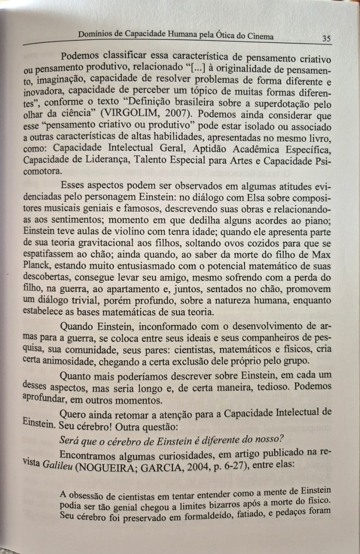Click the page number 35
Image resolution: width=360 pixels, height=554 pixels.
click(x=326, y=39)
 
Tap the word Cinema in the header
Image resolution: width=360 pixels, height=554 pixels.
click(x=257, y=36)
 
